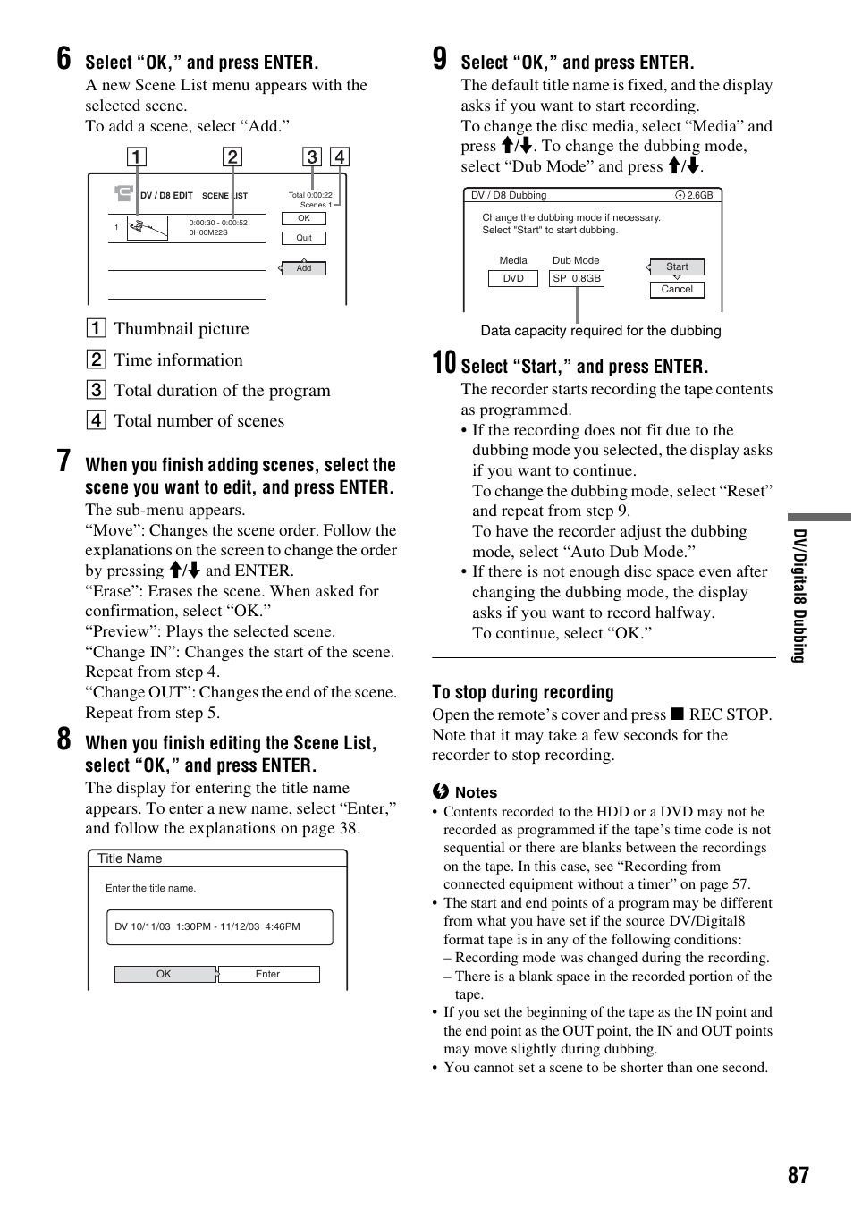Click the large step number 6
[63, 59]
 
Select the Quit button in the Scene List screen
[304, 238]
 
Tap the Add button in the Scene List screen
[304, 268]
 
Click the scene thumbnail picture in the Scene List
[148, 228]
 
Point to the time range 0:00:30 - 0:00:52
[218, 223]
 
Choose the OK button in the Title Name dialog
[165, 974]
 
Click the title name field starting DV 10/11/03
[219, 927]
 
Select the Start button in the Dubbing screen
[677, 266]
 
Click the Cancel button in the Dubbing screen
[677, 290]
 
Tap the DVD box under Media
[512, 278]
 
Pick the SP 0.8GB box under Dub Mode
[577, 278]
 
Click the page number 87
[798, 1175]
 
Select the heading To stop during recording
[523, 692]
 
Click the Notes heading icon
[440, 792]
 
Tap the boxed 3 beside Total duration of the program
[96, 390]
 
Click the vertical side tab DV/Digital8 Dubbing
[799, 596]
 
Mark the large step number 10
[443, 363]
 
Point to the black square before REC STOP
[678, 714]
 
